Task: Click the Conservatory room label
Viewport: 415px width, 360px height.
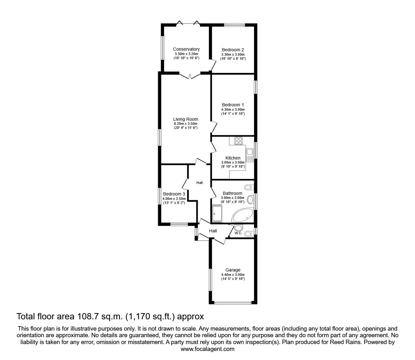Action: tap(186, 49)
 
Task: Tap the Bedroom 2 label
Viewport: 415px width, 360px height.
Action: tap(233, 50)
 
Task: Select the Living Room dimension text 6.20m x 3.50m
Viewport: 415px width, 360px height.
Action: tap(186, 124)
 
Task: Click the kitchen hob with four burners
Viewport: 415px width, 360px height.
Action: tap(238, 140)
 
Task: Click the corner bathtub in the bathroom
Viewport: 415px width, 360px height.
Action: tap(242, 215)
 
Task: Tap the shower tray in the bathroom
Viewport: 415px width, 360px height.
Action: tap(217, 213)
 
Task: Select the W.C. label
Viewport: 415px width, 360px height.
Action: tap(238, 233)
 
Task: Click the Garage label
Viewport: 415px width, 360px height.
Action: tap(233, 270)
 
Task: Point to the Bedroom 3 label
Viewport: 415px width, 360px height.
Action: tap(174, 194)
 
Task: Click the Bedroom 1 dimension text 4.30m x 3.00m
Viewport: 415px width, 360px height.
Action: tap(233, 109)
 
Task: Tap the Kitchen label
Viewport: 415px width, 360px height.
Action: tap(233, 158)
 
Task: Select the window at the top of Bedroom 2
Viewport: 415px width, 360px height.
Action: tap(234, 25)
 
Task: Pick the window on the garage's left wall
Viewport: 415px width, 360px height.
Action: tap(210, 280)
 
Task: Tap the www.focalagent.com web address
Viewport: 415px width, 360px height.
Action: tap(207, 349)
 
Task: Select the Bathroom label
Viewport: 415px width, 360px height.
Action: tap(232, 193)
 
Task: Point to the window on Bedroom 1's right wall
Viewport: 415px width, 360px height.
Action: tap(256, 87)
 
